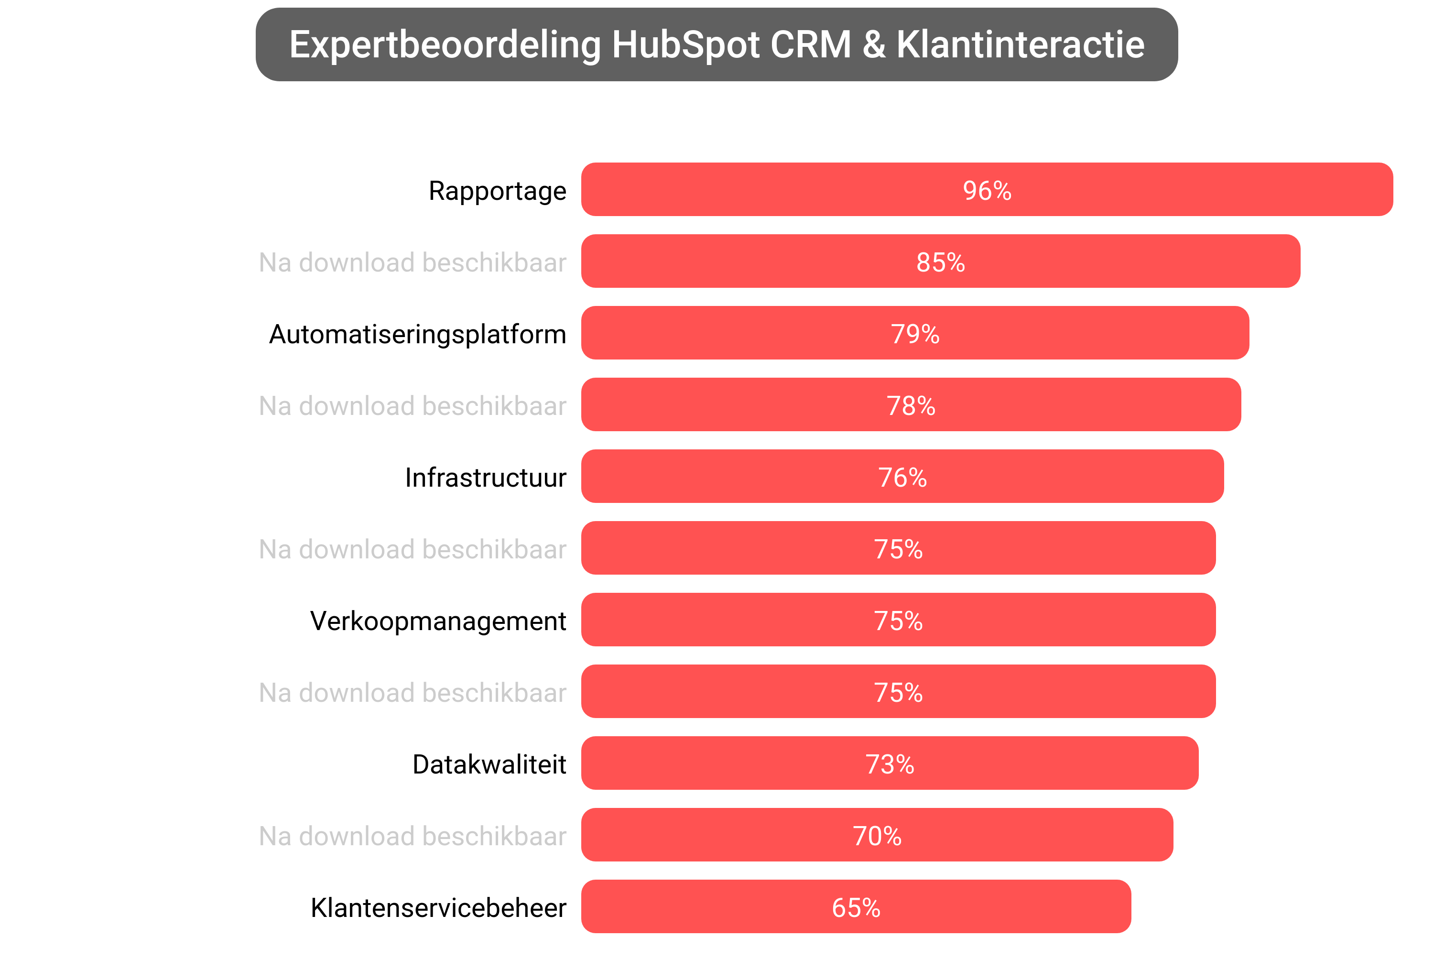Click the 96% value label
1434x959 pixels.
tap(987, 190)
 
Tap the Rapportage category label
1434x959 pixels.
tap(497, 191)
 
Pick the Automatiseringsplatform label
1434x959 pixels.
tap(418, 334)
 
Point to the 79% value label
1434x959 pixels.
tap(914, 334)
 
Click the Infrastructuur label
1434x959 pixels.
tap(486, 478)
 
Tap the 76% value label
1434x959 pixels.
tap(902, 478)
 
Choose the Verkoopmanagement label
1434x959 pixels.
tap(438, 621)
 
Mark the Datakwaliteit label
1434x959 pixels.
tap(489, 764)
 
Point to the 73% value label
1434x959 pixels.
tap(889, 764)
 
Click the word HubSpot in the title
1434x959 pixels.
tap(686, 44)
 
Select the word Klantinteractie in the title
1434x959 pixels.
tap(1020, 44)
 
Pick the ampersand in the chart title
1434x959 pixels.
tap(873, 44)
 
